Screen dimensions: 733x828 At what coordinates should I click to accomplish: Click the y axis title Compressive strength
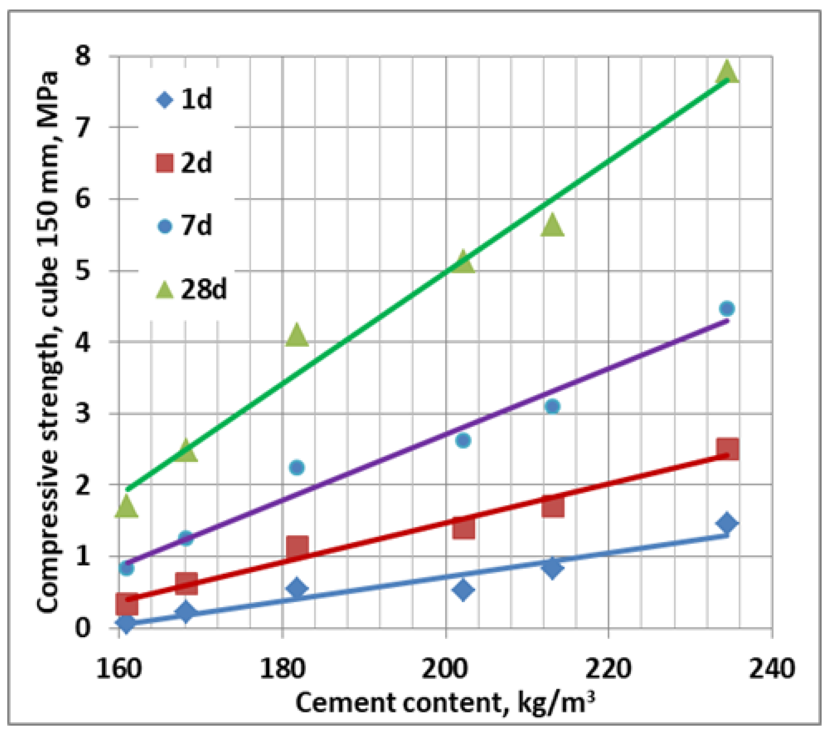[47, 342]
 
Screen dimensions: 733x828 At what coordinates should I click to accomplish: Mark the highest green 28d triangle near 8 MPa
[727, 72]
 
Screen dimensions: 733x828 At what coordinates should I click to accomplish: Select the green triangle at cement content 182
[297, 336]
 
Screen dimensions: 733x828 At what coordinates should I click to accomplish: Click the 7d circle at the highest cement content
[727, 309]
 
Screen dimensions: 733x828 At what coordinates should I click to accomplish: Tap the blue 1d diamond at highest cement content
[727, 523]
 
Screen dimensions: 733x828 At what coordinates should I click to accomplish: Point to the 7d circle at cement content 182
[297, 467]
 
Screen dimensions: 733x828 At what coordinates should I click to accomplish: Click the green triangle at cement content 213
[552, 225]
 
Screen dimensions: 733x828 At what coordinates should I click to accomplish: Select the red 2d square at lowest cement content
[127, 604]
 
